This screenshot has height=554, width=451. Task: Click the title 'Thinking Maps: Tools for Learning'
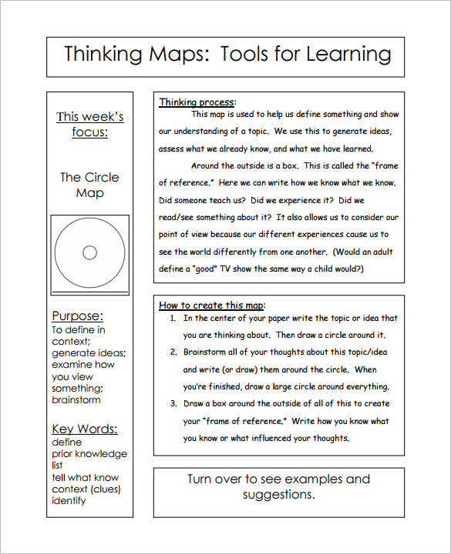(227, 55)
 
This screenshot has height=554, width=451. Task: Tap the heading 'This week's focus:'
(89, 124)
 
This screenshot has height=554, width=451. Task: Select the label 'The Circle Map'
(89, 185)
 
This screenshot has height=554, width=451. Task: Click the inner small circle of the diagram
(89, 252)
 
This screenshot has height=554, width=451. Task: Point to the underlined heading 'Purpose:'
(77, 316)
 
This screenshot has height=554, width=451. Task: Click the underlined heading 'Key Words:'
(84, 429)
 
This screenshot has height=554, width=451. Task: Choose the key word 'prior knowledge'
(89, 454)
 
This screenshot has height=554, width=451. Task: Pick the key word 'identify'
(69, 501)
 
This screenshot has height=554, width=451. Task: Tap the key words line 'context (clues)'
(86, 489)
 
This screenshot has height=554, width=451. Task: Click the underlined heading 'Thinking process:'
(197, 102)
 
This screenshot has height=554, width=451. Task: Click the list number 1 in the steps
(172, 318)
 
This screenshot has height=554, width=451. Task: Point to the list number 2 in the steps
(172, 352)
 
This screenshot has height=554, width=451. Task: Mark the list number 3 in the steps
(172, 404)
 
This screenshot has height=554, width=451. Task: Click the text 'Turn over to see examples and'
(278, 479)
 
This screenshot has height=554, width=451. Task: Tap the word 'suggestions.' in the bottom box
(278, 495)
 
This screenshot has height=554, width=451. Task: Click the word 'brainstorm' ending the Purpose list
(76, 400)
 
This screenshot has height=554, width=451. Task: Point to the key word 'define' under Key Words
(67, 442)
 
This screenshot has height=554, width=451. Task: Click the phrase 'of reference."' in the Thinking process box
(185, 182)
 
